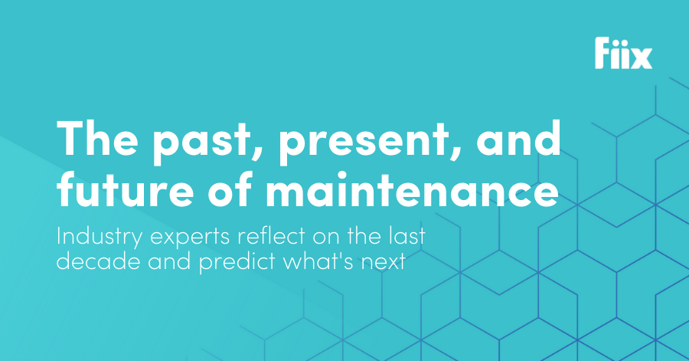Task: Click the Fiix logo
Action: pyautogui.click(x=623, y=53)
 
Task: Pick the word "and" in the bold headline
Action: pyautogui.click(x=518, y=137)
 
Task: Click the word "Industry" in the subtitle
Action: pyautogui.click(x=100, y=238)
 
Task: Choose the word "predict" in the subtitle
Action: pyautogui.click(x=237, y=262)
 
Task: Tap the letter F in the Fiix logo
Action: pyautogui.click(x=603, y=53)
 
